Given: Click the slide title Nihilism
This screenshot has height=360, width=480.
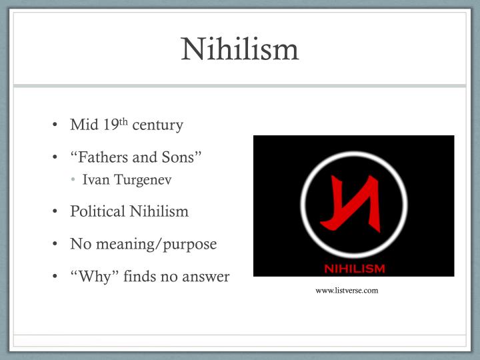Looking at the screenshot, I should [x=240, y=49].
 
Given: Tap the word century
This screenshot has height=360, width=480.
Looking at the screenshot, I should [x=157, y=125].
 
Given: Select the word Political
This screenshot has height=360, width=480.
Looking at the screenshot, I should [x=97, y=211].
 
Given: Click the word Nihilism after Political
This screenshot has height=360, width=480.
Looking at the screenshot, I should [x=159, y=211].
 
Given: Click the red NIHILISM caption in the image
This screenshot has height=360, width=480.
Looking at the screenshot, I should [x=354, y=269].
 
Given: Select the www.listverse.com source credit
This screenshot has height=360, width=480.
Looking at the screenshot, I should [x=347, y=290].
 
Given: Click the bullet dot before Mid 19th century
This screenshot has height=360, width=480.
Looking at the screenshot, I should [x=55, y=125].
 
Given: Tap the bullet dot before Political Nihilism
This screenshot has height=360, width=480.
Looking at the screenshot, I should [x=55, y=212].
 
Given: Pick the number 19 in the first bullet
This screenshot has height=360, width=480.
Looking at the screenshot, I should [x=110, y=125].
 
